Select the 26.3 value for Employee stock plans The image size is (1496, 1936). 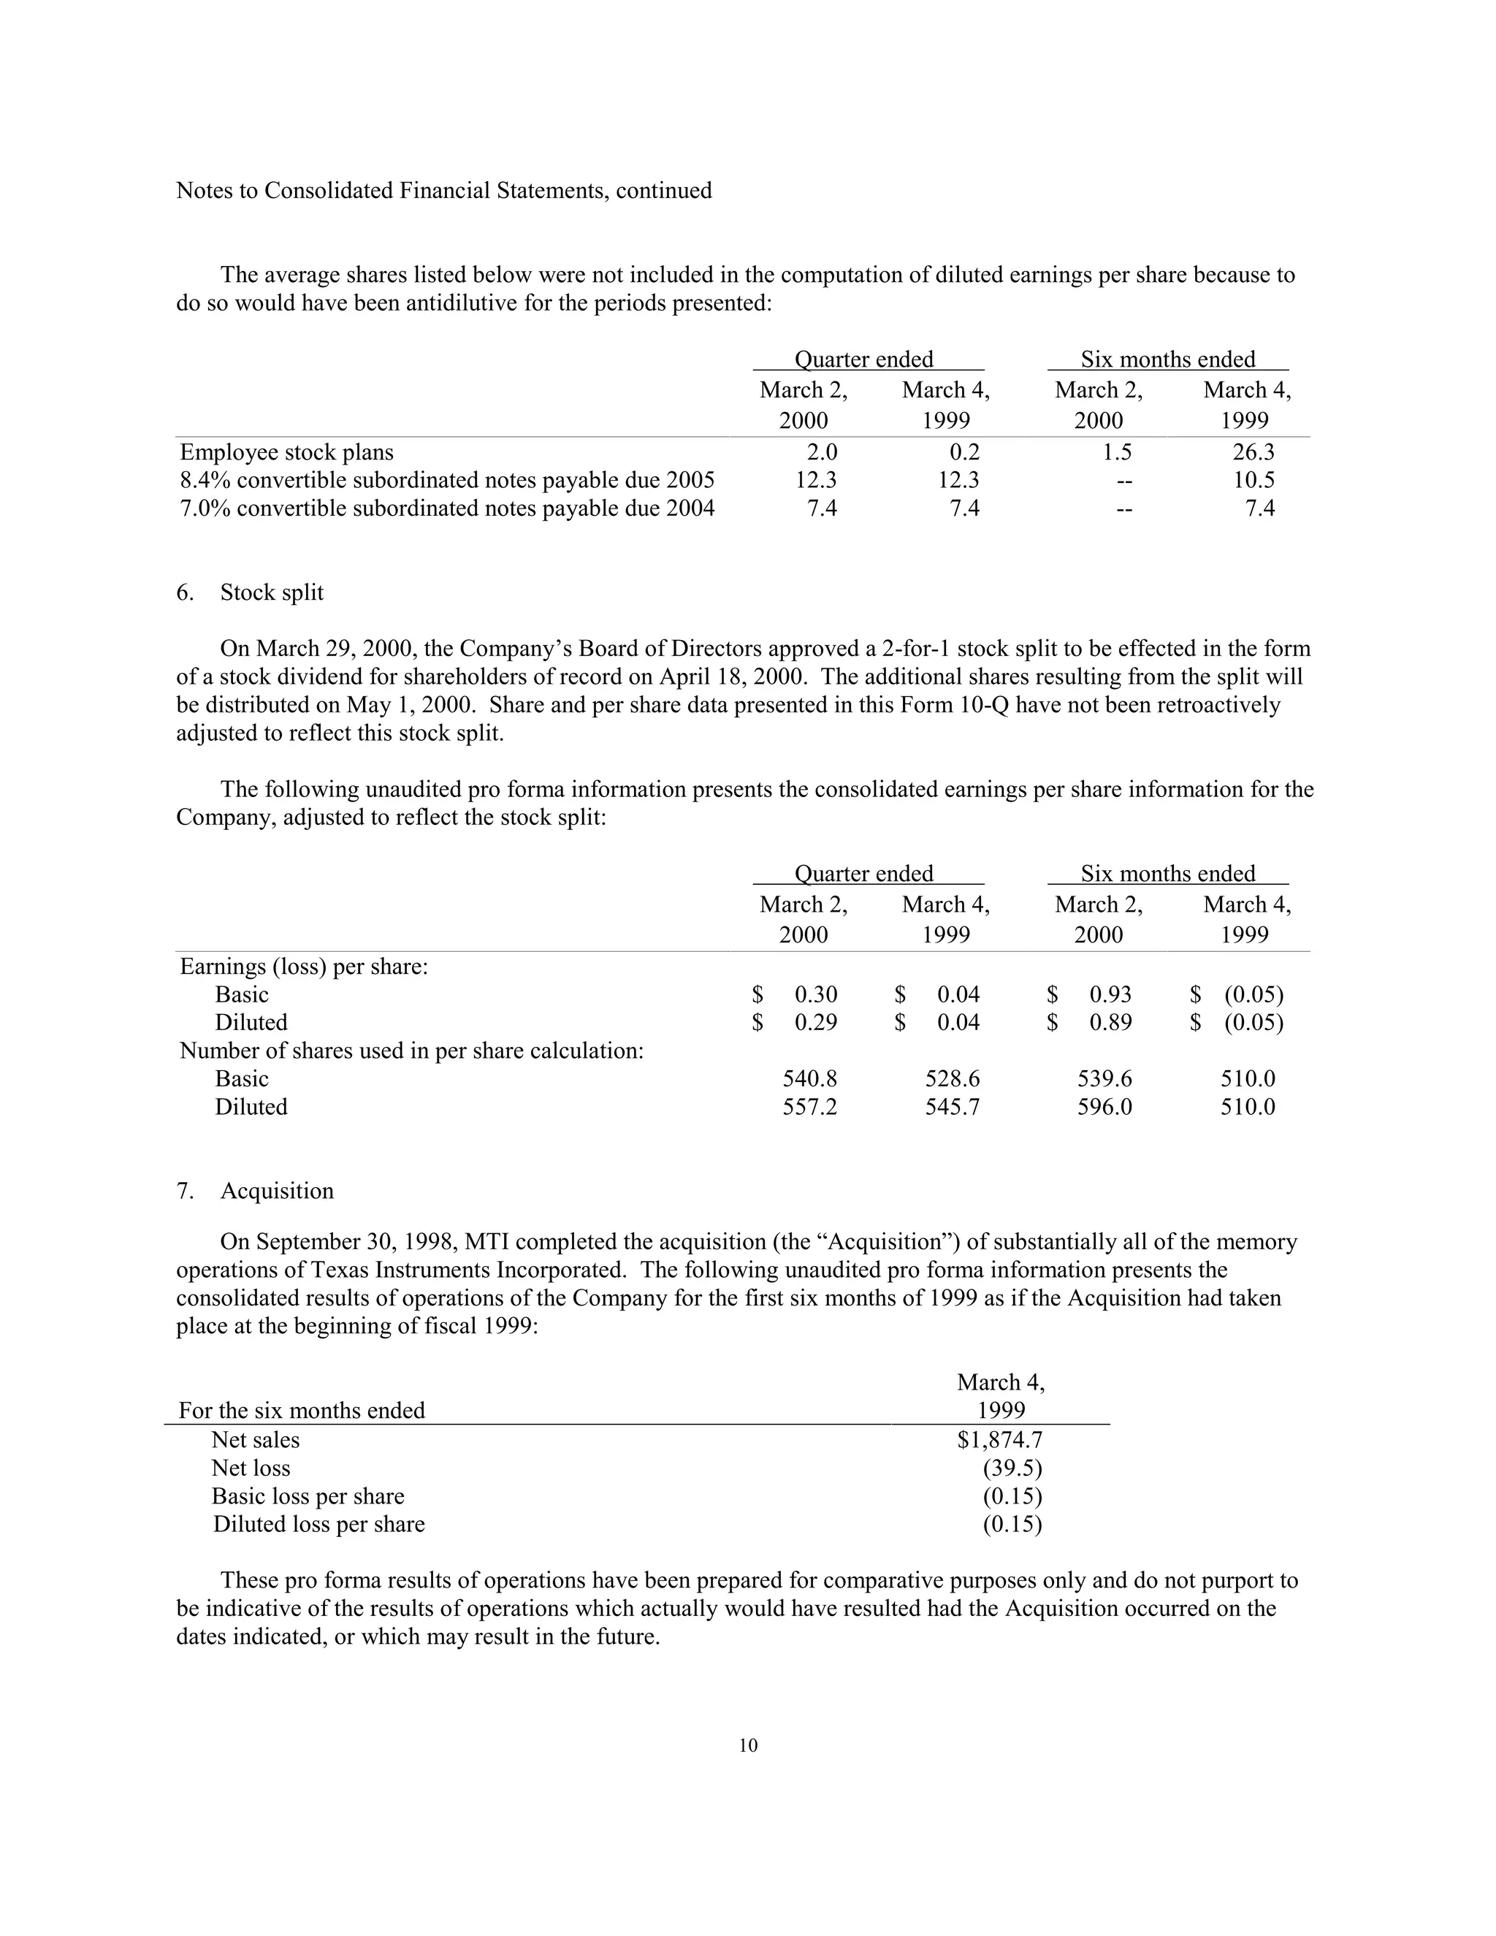click(1253, 452)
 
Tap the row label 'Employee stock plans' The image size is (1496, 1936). click(286, 452)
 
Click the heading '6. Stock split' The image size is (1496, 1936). click(250, 592)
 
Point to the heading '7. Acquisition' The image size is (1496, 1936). click(255, 1191)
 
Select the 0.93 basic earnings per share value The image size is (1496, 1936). click(1110, 994)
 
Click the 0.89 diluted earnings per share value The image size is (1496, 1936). click(1110, 1023)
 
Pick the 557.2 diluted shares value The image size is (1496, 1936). click(809, 1107)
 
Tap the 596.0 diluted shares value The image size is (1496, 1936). click(1104, 1107)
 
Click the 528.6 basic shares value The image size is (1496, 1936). click(953, 1079)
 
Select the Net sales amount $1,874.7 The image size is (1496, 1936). click(1000, 1440)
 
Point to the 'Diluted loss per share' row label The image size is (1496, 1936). click(318, 1524)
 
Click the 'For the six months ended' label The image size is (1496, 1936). click(302, 1410)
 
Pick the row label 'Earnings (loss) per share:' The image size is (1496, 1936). click(304, 967)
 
